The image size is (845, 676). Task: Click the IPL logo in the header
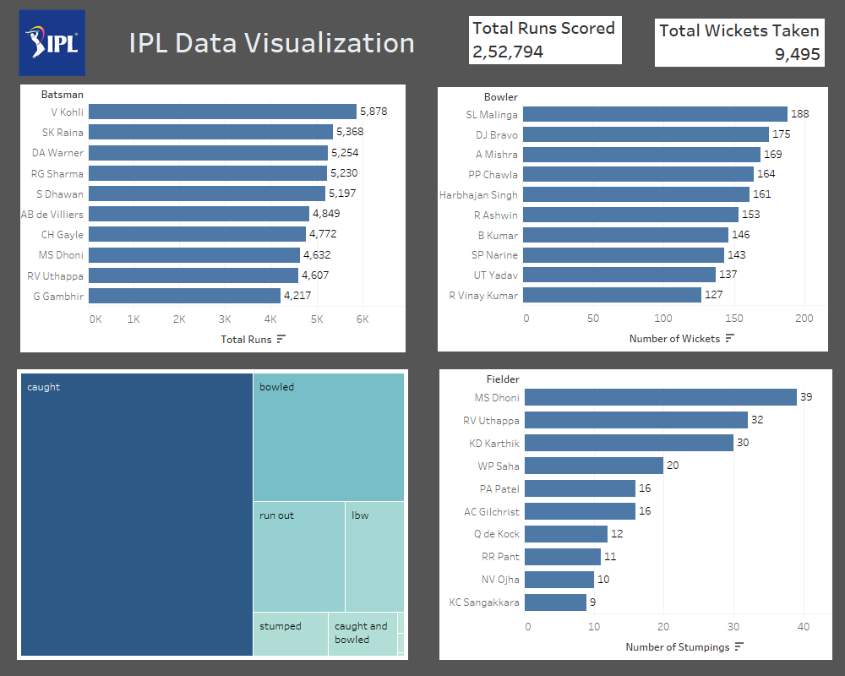(52, 43)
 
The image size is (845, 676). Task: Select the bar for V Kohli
(222, 112)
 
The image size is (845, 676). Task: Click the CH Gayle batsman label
(63, 235)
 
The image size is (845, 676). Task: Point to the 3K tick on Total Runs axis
(225, 319)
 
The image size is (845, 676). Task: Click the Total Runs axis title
(245, 338)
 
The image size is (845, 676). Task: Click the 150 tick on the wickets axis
(733, 319)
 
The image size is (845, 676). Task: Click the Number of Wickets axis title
(674, 338)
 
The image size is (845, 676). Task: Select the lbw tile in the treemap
(374, 556)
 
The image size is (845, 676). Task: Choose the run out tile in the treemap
(298, 556)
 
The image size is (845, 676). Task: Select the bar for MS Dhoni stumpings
(662, 397)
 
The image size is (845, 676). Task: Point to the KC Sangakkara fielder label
(484, 602)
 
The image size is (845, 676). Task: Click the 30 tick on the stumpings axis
(733, 627)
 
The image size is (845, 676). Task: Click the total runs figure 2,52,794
(508, 52)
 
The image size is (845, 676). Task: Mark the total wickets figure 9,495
(797, 54)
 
